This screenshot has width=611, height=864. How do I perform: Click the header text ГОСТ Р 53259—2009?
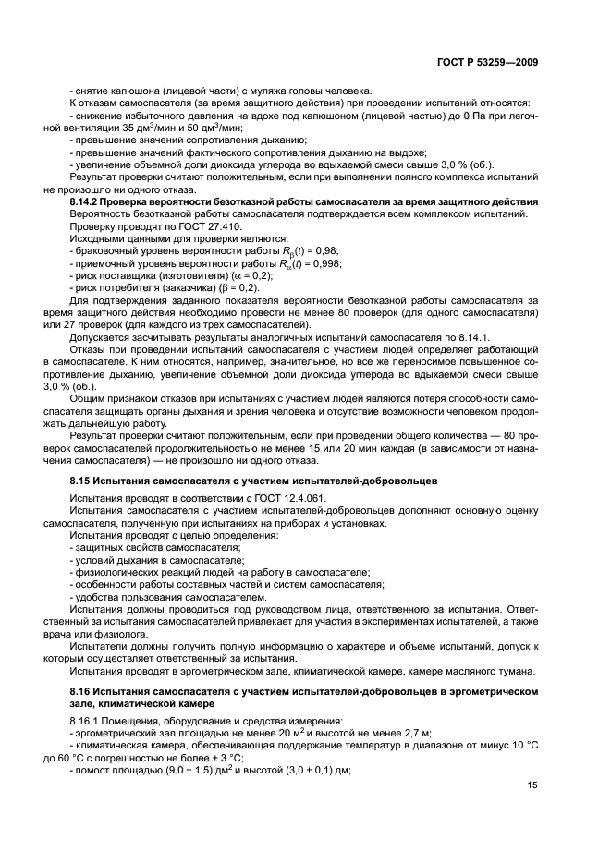(490, 63)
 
